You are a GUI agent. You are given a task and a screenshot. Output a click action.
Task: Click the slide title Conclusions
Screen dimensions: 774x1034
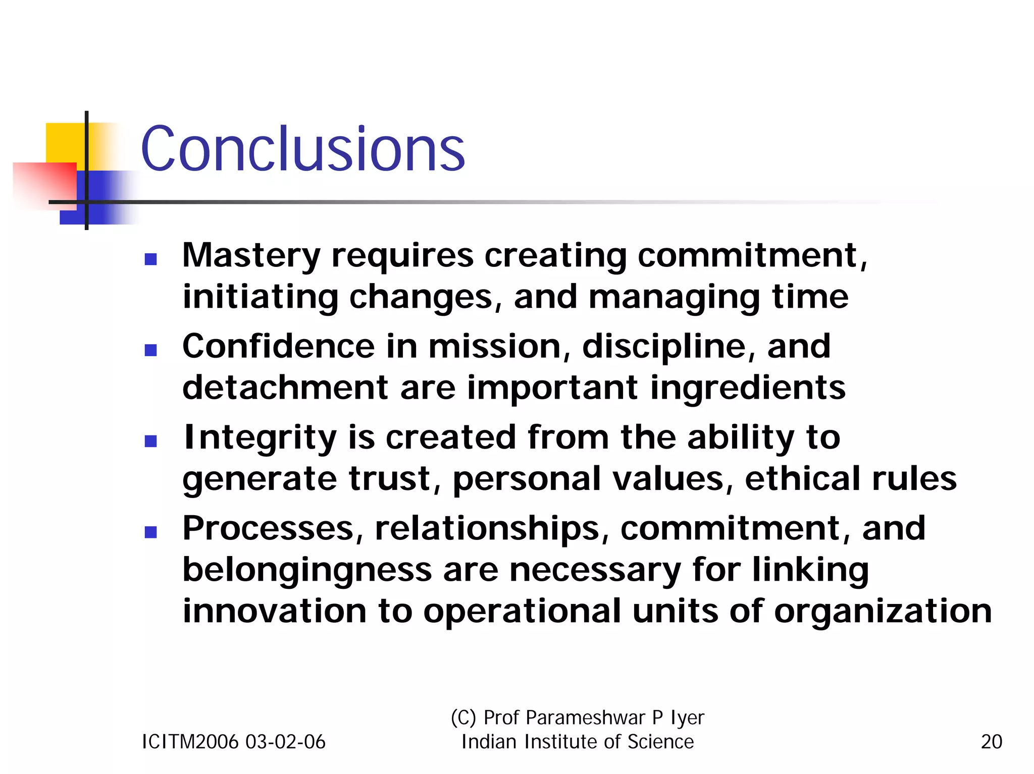[x=303, y=149]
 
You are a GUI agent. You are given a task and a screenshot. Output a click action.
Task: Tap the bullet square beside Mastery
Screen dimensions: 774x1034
[x=150, y=259]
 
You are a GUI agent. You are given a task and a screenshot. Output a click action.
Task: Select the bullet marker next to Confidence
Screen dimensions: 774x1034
[x=150, y=350]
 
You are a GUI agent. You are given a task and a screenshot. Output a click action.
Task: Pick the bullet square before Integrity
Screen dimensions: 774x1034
[x=150, y=441]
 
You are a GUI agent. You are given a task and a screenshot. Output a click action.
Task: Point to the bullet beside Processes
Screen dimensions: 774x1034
[x=150, y=532]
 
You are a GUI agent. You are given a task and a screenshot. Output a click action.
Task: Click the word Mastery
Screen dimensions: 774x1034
[x=251, y=256]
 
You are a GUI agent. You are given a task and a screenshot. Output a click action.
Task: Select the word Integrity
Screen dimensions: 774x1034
[x=260, y=438]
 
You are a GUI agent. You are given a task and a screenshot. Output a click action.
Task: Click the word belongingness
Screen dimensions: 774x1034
[x=307, y=570]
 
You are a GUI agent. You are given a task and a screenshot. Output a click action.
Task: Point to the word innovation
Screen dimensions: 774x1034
[x=274, y=611]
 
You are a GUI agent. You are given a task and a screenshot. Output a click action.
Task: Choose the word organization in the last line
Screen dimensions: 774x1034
[x=883, y=612]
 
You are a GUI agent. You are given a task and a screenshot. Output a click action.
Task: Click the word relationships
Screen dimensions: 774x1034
[x=487, y=529]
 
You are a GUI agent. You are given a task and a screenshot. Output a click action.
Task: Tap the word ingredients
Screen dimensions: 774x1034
[x=748, y=388]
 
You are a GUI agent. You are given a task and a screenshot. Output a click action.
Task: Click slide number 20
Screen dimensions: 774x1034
[x=991, y=742]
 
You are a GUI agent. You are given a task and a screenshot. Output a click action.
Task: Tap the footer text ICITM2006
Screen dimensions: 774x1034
[x=190, y=742]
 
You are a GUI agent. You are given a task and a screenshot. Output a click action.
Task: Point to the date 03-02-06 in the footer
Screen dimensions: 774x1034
[x=285, y=742]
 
